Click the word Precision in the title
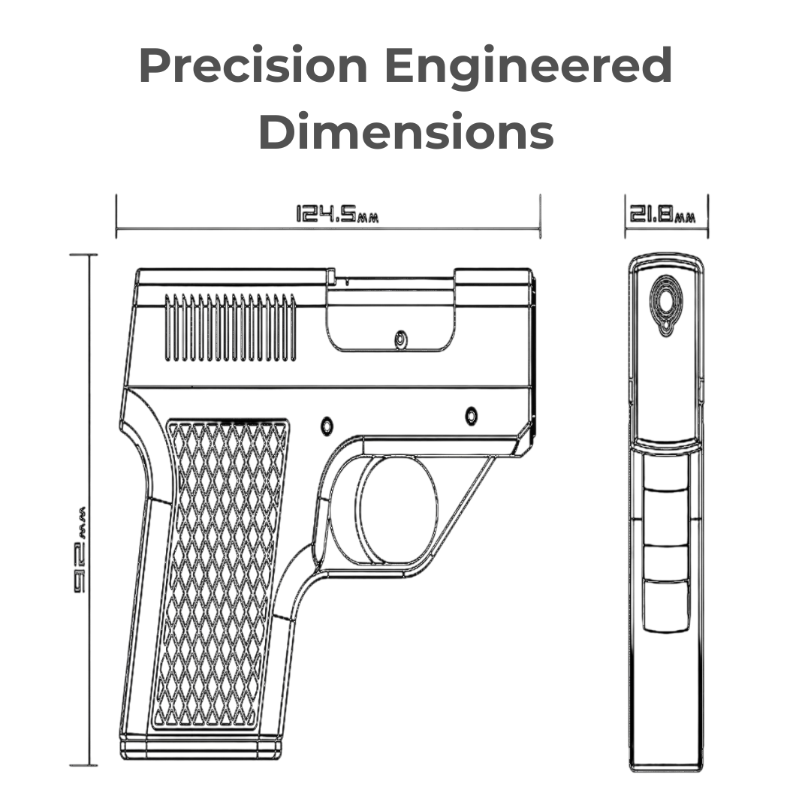253,66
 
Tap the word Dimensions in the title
405,132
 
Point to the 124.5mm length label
336,215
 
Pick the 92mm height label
82,548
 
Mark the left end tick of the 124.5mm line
116,216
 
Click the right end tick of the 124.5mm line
541,216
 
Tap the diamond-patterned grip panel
222,574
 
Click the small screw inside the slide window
401,339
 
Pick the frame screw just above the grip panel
327,425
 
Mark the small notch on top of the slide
331,277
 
